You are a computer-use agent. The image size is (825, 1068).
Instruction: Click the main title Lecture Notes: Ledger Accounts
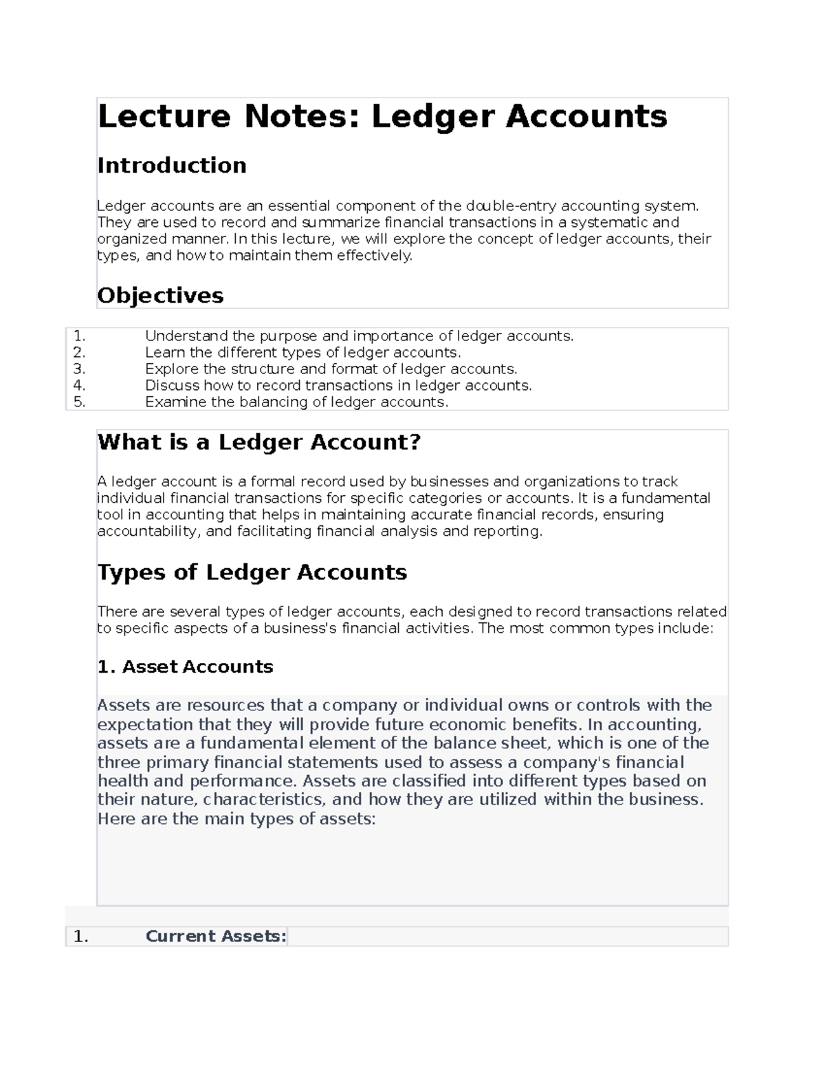coord(382,116)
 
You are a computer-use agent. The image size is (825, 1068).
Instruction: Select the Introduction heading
coord(172,166)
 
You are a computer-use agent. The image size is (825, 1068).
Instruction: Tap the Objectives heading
coord(160,296)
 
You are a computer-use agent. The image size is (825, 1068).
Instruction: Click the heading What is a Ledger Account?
coord(258,442)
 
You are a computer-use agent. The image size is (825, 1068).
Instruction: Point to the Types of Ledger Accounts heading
coord(252,572)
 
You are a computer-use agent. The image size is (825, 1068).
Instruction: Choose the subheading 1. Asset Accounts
coord(185,667)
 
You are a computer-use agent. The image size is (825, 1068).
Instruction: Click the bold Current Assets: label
coord(216,937)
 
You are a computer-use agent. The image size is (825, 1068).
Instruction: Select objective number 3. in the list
coord(79,369)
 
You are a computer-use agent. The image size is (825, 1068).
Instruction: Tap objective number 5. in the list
coord(79,402)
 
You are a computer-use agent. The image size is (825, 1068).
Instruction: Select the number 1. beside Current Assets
coord(81,937)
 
